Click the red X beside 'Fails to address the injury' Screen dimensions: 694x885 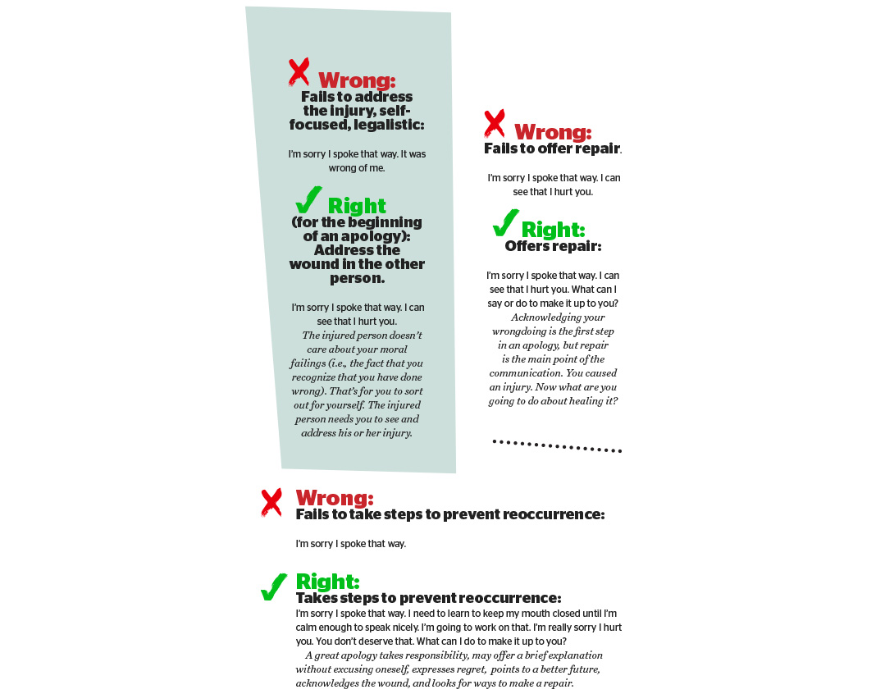(299, 72)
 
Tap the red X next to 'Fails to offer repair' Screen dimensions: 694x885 (494, 124)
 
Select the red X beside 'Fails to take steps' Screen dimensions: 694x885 (271, 502)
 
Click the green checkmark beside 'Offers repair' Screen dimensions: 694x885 (504, 222)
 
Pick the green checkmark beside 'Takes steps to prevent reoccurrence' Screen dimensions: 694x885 (273, 587)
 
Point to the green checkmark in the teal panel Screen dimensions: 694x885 (308, 199)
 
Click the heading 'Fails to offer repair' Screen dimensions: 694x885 (552, 148)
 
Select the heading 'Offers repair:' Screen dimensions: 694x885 (553, 246)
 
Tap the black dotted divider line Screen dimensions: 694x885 (557, 446)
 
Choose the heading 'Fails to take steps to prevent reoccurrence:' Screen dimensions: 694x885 (450, 514)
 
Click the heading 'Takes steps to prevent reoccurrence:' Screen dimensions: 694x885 (428, 598)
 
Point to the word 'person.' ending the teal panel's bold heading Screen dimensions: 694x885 (357, 278)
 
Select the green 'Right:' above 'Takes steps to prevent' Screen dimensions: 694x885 (327, 582)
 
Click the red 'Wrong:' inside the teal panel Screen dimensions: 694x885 (357, 80)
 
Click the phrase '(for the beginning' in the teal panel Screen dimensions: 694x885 (357, 222)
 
